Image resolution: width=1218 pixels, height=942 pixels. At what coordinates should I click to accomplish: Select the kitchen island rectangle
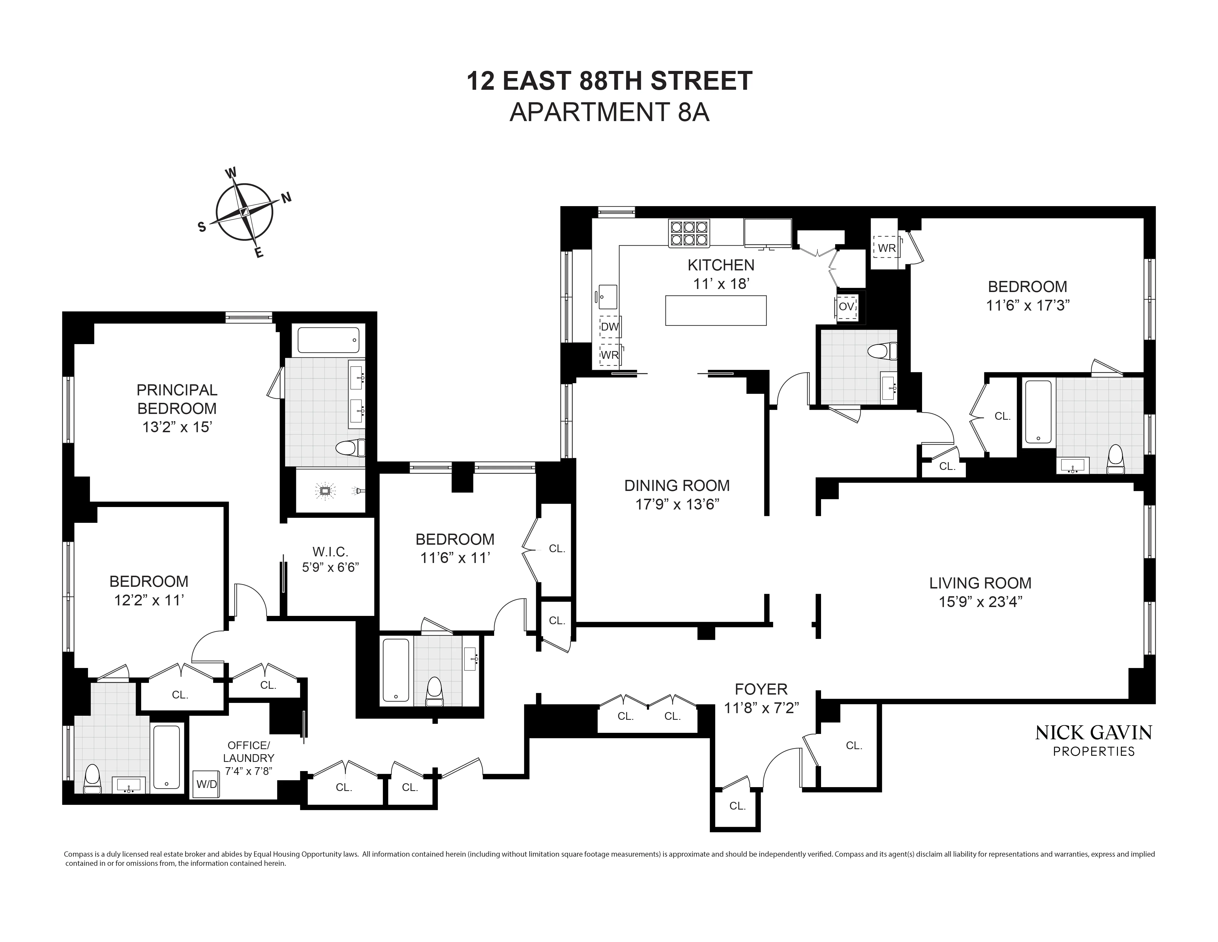(716, 310)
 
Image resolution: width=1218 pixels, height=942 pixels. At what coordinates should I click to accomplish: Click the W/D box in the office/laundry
(206, 784)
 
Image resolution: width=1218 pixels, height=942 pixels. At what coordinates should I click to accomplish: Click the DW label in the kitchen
(610, 326)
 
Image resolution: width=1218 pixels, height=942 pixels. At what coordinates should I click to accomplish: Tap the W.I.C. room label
(330, 552)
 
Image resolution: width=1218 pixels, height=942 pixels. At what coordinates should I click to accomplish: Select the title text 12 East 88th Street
(609, 81)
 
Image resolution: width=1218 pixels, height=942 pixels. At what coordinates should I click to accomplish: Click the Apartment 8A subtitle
(609, 112)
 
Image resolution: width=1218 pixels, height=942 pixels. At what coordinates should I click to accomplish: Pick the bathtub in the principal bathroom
(328, 340)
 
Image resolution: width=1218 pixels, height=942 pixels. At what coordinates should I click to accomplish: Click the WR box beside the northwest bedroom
(887, 248)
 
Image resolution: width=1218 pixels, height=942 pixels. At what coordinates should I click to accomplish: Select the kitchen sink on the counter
(607, 296)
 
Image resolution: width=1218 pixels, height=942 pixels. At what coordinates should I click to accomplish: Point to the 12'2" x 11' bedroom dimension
(149, 600)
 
